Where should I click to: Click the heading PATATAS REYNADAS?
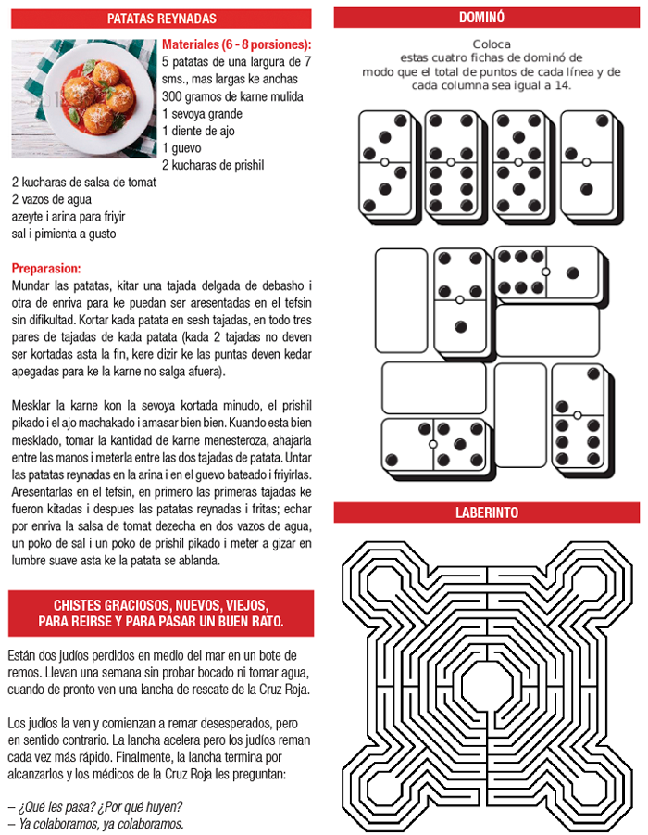tap(161, 18)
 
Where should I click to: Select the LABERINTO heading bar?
tap(486, 512)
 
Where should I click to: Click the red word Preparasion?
tap(47, 268)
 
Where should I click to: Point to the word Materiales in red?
tap(192, 44)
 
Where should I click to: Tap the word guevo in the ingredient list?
tap(187, 148)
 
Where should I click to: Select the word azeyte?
tap(30, 217)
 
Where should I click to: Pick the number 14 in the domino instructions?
tap(564, 85)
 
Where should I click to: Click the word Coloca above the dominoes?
tap(492, 44)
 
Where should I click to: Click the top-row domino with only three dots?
tap(586, 163)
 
